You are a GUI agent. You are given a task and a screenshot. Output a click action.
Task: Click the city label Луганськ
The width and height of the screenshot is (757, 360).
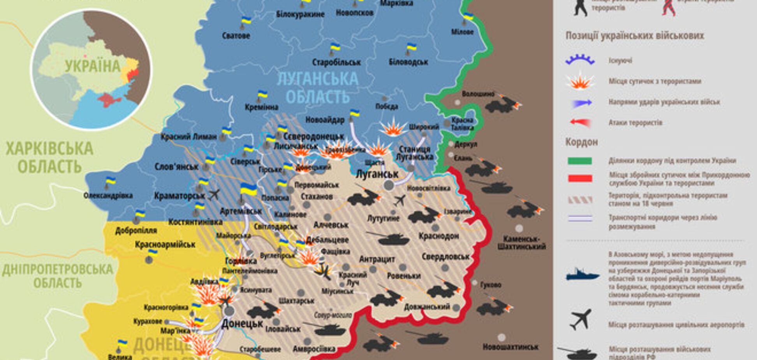pyautogui.click(x=377, y=174)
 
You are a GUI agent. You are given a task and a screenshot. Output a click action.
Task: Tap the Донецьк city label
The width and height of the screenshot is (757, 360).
pyautogui.click(x=242, y=324)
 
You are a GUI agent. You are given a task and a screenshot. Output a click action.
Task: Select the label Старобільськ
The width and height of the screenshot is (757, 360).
pyautogui.click(x=336, y=62)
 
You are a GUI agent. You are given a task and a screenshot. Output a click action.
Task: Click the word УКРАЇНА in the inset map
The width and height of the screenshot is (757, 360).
pyautogui.click(x=93, y=66)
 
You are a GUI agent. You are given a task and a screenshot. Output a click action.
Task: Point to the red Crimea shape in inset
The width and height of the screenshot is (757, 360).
pyautogui.click(x=110, y=100)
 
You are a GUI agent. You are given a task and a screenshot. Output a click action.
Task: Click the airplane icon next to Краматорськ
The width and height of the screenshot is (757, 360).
pyautogui.click(x=214, y=194)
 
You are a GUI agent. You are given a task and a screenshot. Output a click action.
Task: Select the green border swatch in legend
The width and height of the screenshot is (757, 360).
pyautogui.click(x=580, y=161)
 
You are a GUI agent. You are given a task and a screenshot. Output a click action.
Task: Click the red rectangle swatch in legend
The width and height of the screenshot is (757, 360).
pyautogui.click(x=580, y=179)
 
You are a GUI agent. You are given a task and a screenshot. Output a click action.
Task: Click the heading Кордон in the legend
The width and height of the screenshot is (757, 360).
pyautogui.click(x=581, y=142)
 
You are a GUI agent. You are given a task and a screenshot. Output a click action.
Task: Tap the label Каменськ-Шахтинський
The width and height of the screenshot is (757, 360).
pyautogui.click(x=521, y=242)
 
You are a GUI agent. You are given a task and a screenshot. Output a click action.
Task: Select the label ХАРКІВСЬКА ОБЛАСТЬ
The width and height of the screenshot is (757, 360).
pyautogui.click(x=49, y=157)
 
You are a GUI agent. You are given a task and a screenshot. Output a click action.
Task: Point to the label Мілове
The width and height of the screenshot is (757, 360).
pyautogui.click(x=462, y=32)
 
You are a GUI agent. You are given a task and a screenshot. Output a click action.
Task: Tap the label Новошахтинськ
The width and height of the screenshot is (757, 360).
pyautogui.click(x=511, y=346)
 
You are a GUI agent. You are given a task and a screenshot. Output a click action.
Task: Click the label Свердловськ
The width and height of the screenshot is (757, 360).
pyautogui.click(x=445, y=257)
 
